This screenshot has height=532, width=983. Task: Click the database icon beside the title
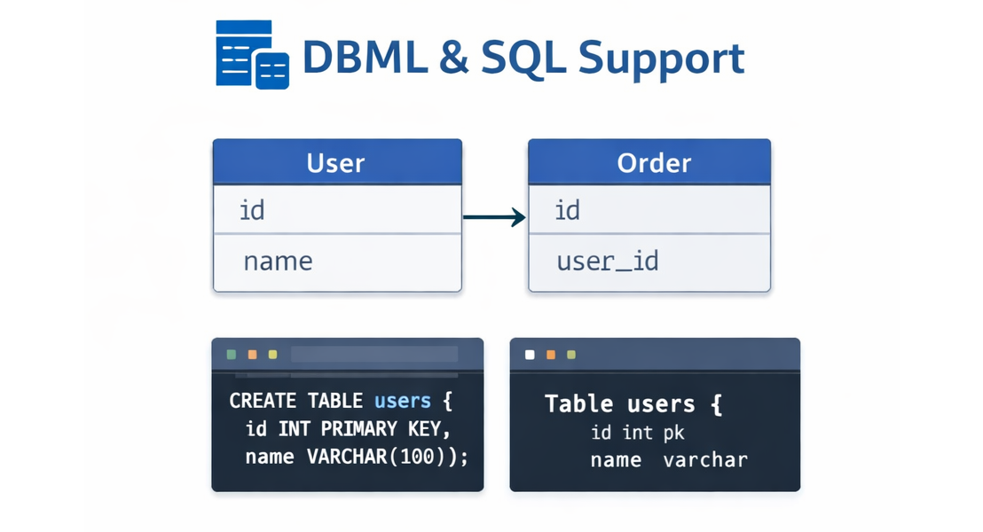pyautogui.click(x=252, y=55)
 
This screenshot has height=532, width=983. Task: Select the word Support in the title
pyautogui.click(x=661, y=59)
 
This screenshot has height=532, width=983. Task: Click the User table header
pyautogui.click(x=336, y=163)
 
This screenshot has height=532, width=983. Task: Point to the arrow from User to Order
pyautogui.click(x=494, y=215)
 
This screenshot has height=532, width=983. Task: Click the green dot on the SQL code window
pyautogui.click(x=232, y=355)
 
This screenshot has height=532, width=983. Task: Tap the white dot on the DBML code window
pyautogui.click(x=530, y=355)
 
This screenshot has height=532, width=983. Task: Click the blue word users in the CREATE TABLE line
pyautogui.click(x=403, y=401)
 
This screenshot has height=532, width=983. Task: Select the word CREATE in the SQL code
pyautogui.click(x=263, y=401)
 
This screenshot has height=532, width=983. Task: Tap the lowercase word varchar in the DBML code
pyautogui.click(x=704, y=460)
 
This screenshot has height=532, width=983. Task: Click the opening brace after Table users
pyautogui.click(x=716, y=404)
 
